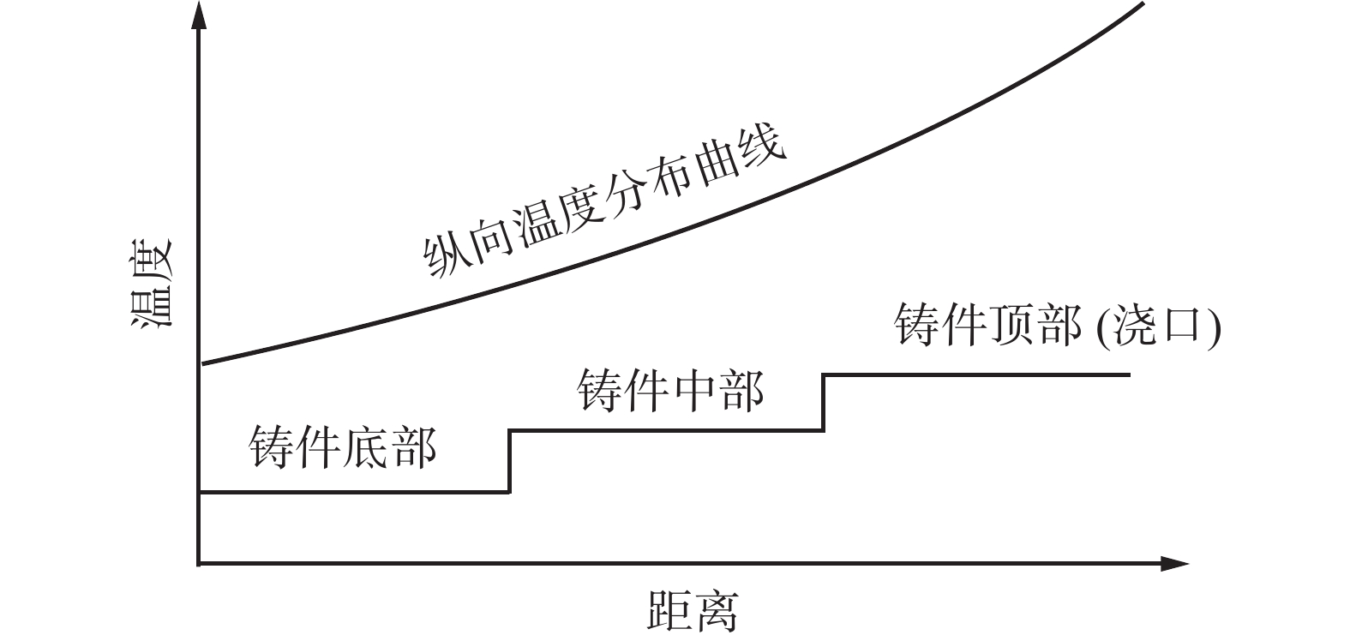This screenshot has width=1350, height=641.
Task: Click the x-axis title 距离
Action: coord(692,610)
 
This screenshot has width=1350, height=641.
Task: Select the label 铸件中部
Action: coord(670,391)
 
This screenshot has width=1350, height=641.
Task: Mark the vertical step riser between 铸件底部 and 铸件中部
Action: coord(509,461)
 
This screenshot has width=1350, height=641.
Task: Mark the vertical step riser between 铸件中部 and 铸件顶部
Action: coord(823,402)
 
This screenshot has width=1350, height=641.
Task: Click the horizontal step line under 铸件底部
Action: coord(353,492)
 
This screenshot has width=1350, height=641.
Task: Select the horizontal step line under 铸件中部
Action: coord(666,430)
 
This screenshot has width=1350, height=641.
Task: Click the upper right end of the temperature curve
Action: coord(1143,4)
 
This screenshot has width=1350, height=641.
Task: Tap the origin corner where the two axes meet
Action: coord(199,564)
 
